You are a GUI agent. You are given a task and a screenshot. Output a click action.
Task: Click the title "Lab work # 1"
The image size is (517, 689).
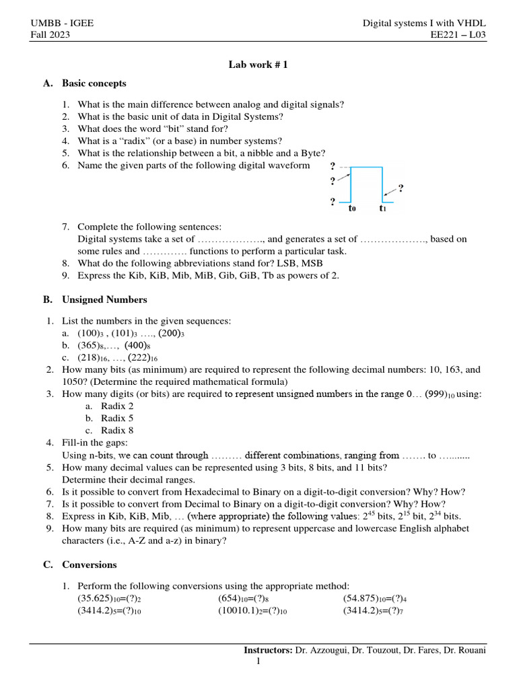pyautogui.click(x=258, y=65)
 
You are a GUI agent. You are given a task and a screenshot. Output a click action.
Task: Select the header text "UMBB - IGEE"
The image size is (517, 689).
pyautogui.click(x=62, y=24)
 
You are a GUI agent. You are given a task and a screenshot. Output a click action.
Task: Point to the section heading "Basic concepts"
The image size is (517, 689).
pyautogui.click(x=94, y=83)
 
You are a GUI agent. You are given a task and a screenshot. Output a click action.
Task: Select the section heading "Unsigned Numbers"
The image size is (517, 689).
pyautogui.click(x=104, y=299)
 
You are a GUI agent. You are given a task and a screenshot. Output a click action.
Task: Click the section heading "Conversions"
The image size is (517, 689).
pyautogui.click(x=89, y=565)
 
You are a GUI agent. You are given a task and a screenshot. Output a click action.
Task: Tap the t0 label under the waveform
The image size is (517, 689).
pyautogui.click(x=352, y=209)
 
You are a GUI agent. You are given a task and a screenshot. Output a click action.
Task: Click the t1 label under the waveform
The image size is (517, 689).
pyautogui.click(x=382, y=209)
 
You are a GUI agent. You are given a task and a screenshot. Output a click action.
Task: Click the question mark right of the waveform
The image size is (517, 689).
pyautogui.click(x=401, y=188)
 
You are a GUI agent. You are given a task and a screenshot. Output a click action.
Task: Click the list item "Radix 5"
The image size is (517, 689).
pyautogui.click(x=117, y=418)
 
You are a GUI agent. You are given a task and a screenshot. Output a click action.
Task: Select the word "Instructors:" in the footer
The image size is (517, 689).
pyautogui.click(x=268, y=651)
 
